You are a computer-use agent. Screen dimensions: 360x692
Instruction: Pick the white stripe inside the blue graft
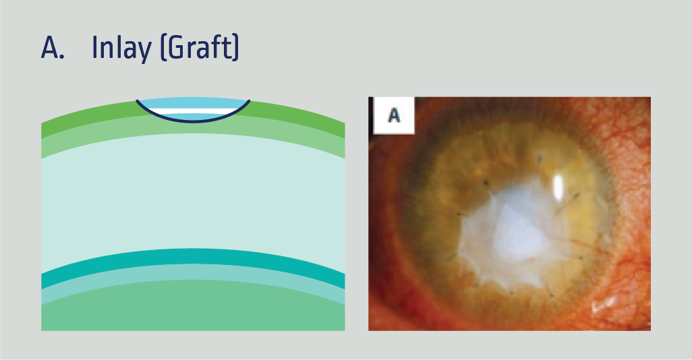pyautogui.click(x=193, y=111)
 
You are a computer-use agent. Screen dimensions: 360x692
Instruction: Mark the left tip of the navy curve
pyautogui.click(x=138, y=101)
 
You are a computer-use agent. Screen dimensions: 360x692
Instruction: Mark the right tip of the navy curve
pyautogui.click(x=249, y=102)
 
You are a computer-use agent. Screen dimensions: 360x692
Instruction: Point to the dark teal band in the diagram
pyautogui.click(x=193, y=258)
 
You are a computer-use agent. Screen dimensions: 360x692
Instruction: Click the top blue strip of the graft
pyautogui.click(x=193, y=104)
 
